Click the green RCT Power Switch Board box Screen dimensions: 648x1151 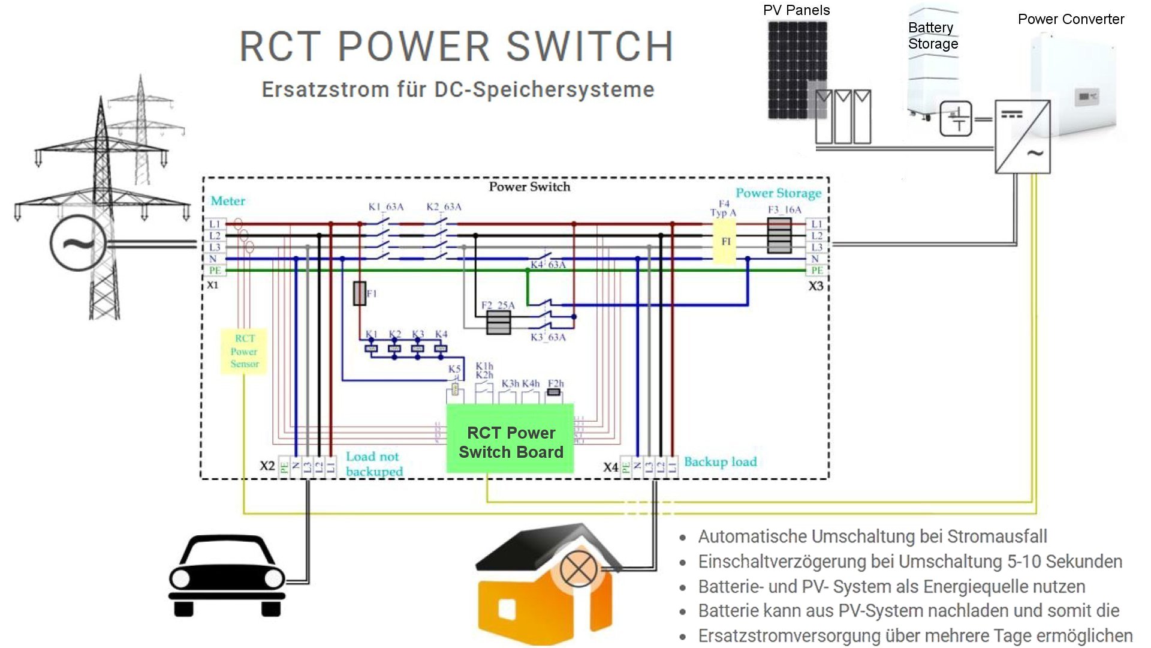(x=510, y=439)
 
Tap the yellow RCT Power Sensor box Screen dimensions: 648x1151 (x=244, y=351)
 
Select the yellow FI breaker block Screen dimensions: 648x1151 (x=725, y=241)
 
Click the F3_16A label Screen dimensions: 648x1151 (x=784, y=209)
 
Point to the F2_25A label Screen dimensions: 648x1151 (x=498, y=305)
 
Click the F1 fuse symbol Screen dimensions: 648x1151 (x=360, y=293)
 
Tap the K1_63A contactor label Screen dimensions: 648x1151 (x=385, y=207)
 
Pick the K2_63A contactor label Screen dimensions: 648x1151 (x=444, y=207)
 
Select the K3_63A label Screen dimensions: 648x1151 (x=548, y=337)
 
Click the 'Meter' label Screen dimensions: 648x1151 (x=228, y=201)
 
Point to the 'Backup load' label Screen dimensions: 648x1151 (x=720, y=461)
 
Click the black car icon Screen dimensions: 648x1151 (x=227, y=576)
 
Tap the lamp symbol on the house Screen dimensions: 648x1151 (x=578, y=569)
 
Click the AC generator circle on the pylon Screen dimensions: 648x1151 (x=79, y=244)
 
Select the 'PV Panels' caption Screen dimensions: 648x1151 (x=796, y=10)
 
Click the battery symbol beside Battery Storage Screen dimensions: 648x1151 (x=956, y=119)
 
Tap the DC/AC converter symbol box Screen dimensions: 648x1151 (x=1022, y=137)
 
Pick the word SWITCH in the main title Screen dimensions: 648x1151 (x=590, y=46)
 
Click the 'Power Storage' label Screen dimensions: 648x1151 (x=778, y=193)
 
